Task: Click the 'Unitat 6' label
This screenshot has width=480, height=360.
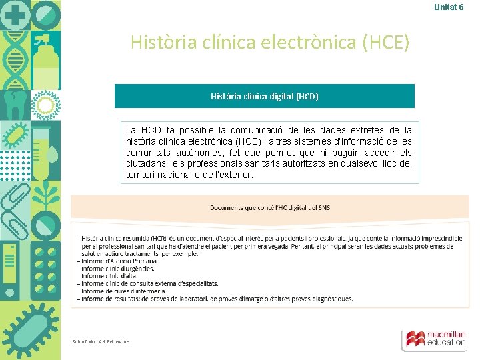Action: point(449,7)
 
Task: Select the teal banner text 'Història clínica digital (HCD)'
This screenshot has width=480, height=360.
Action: point(264,96)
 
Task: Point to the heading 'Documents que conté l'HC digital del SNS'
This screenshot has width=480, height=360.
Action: point(269,207)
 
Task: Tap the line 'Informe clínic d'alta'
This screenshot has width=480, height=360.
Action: point(109,276)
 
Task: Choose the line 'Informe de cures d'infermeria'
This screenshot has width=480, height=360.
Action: point(123,291)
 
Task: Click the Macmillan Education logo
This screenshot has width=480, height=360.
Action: point(433,339)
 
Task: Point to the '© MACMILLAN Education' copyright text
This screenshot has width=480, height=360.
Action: point(101,342)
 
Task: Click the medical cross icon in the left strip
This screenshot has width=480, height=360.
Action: point(15,15)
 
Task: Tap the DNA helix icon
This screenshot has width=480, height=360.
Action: point(15,60)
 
